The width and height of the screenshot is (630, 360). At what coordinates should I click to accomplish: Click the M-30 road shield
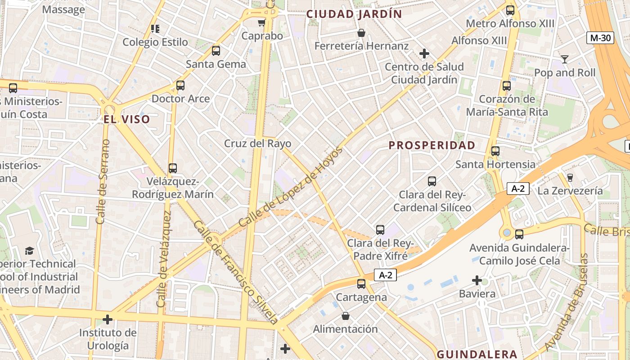(600, 38)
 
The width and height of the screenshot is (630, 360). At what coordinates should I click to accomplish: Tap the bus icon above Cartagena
(361, 284)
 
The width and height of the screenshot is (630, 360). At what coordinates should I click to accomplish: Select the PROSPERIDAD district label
(432, 145)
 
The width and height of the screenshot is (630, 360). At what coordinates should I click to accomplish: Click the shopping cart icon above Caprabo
(261, 22)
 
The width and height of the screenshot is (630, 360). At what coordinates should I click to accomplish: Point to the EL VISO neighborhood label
(127, 120)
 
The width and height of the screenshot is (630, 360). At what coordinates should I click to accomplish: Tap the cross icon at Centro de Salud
(424, 54)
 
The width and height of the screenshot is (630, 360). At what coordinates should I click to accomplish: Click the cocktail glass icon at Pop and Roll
(565, 59)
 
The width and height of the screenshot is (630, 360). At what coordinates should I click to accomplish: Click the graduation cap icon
(29, 251)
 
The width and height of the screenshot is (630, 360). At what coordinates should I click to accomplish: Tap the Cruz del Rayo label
(258, 144)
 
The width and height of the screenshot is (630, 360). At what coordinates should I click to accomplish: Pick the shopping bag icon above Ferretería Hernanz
(361, 33)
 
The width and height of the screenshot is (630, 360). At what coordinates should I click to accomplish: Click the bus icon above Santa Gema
(216, 51)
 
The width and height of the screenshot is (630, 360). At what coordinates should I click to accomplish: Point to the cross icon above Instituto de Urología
(108, 320)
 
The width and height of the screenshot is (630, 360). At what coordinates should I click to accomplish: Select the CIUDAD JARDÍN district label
(354, 14)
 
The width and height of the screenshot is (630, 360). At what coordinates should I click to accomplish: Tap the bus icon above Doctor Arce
(180, 85)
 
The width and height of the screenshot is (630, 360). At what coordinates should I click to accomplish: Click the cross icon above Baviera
(477, 281)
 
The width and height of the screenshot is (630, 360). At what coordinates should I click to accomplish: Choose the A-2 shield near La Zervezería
(518, 189)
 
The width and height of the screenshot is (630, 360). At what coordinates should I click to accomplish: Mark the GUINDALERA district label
(477, 354)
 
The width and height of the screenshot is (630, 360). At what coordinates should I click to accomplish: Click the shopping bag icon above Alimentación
(345, 316)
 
